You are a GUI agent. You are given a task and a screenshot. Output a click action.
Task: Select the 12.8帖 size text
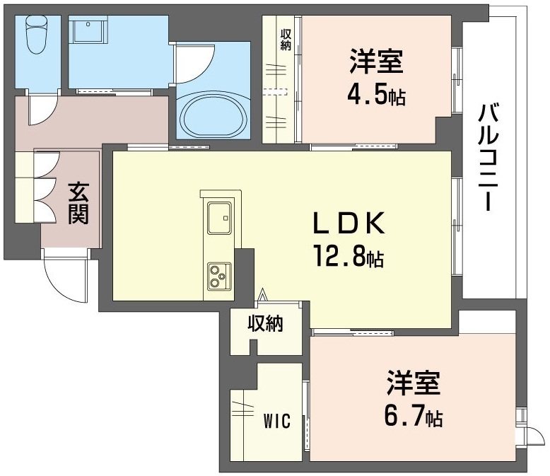click(x=347, y=256)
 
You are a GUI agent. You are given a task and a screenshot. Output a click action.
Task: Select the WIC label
click(x=278, y=422)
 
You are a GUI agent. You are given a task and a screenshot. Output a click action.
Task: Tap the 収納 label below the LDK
click(x=265, y=324)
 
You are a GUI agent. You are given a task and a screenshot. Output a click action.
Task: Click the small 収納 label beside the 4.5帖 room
click(x=286, y=40)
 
